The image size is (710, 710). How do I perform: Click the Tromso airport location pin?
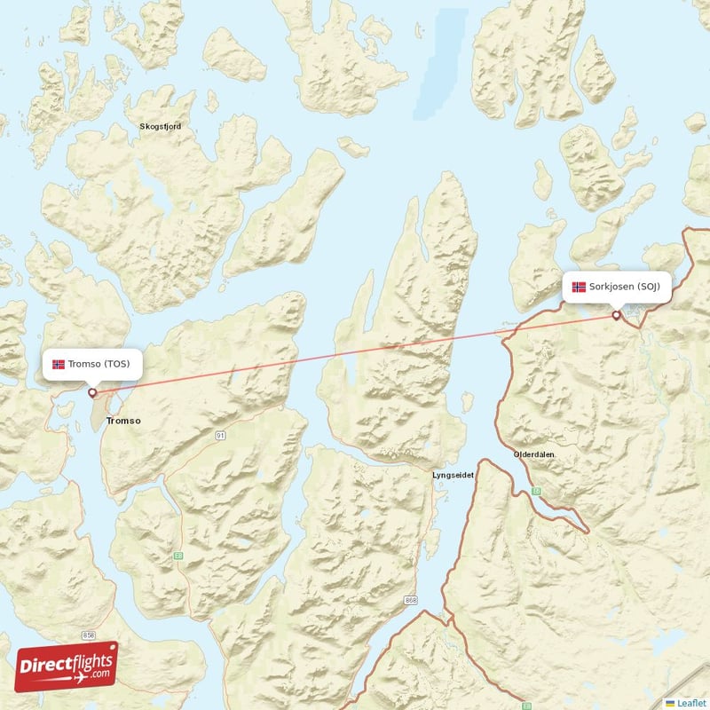click(x=91, y=391)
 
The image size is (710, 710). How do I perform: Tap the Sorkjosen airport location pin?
click(x=617, y=315)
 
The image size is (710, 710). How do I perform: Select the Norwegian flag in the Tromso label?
click(x=59, y=365)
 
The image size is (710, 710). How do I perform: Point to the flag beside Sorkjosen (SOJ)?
click(x=579, y=287)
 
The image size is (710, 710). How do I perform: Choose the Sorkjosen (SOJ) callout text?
click(x=625, y=287)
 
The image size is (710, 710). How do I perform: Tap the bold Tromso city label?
click(x=122, y=421)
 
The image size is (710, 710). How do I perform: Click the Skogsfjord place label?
click(x=161, y=127)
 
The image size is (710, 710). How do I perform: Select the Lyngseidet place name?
click(x=453, y=476)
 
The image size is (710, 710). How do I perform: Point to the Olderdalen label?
click(x=534, y=454)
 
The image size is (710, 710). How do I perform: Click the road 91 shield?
click(x=219, y=436)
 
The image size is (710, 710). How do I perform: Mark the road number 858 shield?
click(x=89, y=636)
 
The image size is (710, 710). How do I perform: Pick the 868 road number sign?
click(x=410, y=601)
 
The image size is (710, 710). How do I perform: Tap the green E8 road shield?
click(x=178, y=556)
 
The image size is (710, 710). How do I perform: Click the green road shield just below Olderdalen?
click(x=536, y=490)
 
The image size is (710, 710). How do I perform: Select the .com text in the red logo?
click(x=99, y=674)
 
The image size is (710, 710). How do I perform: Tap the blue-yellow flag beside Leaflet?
click(x=670, y=702)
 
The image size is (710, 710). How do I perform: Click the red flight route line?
click(x=355, y=353)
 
